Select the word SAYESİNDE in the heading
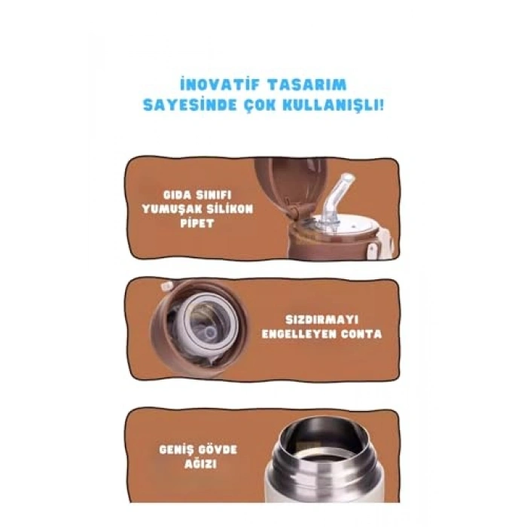point(190,104)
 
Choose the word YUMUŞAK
point(174,209)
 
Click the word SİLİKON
point(230,209)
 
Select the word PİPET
point(200,224)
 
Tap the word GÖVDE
point(218,449)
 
